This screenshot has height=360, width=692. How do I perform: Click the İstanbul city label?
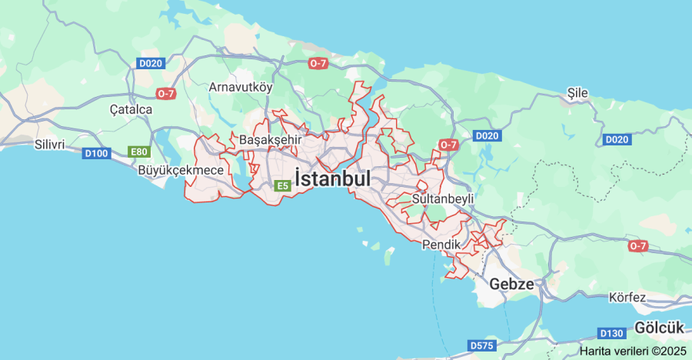point(332,178)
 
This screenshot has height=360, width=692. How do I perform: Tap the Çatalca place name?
point(131,109)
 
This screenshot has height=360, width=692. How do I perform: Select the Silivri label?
point(49,144)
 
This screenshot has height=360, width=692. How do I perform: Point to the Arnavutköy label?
point(241,87)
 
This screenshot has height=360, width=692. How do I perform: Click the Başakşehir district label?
point(270,140)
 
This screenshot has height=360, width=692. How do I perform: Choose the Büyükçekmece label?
point(181,170)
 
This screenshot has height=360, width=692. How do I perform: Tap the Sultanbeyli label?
point(443,198)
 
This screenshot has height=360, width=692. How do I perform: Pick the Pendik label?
point(441,245)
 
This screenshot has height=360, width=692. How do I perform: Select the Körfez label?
point(626,297)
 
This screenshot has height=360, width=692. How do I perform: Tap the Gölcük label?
point(659,328)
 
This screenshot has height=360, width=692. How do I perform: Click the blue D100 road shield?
point(96,154)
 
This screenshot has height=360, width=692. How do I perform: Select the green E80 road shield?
point(138,152)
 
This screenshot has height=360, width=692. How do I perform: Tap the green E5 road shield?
point(282,185)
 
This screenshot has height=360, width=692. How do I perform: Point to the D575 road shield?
point(482,345)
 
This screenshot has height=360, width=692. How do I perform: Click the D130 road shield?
point(611,333)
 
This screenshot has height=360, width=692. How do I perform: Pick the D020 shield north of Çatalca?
point(151,63)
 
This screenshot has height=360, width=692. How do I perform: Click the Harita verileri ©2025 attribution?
point(633,351)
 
